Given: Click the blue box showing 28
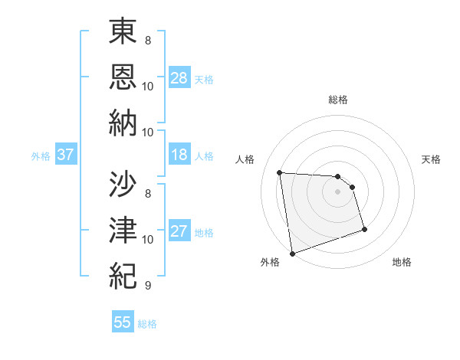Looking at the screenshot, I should [179, 77].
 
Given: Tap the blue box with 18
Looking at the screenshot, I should [179, 155].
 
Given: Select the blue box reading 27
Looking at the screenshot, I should [179, 231].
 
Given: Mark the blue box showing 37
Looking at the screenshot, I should [65, 155].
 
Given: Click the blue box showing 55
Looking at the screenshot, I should [123, 322].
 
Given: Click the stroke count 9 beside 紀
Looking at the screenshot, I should [147, 286].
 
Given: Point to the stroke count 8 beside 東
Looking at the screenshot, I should [147, 39].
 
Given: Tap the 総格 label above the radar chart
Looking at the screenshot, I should [337, 100].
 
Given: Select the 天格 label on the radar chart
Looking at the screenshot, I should [431, 159].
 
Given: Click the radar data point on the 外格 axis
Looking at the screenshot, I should [292, 253].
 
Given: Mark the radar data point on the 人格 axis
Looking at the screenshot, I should [279, 172].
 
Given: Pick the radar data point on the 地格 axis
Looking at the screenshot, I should [364, 229].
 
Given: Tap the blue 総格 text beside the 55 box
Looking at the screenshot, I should [147, 323].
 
